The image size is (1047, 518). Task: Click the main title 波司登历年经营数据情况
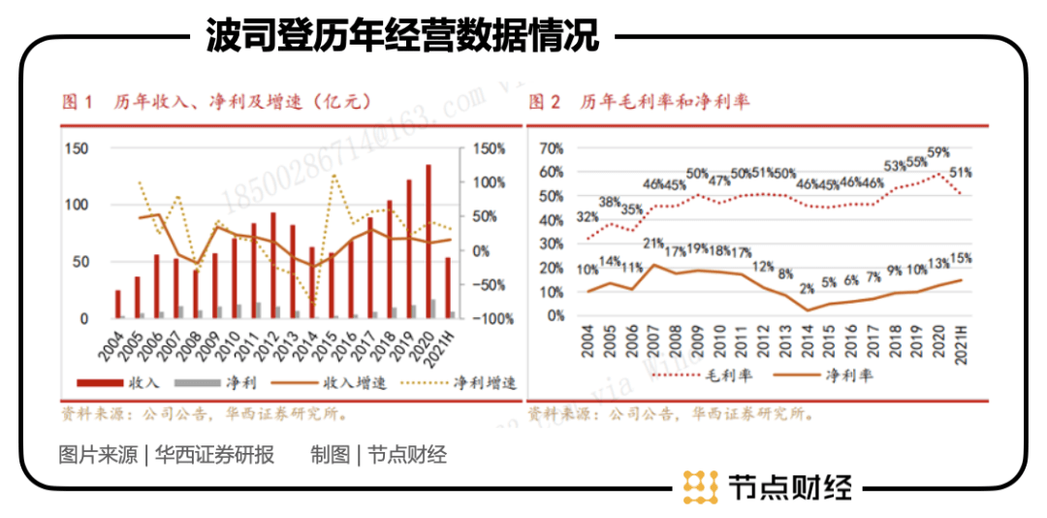[401, 36]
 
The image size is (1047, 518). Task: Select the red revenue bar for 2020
[428, 242]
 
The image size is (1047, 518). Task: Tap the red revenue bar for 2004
[118, 304]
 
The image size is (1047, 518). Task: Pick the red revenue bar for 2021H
[447, 287]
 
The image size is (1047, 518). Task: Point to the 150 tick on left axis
[77, 148]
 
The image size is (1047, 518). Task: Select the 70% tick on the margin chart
[551, 149]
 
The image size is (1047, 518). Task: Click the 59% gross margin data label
[937, 152]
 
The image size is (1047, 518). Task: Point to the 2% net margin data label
[808, 288]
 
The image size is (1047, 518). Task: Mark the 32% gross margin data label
[587, 217]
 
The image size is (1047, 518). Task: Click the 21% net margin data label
[653, 243]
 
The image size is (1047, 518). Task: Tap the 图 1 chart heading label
[77, 102]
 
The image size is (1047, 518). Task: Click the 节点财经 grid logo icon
[699, 486]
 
